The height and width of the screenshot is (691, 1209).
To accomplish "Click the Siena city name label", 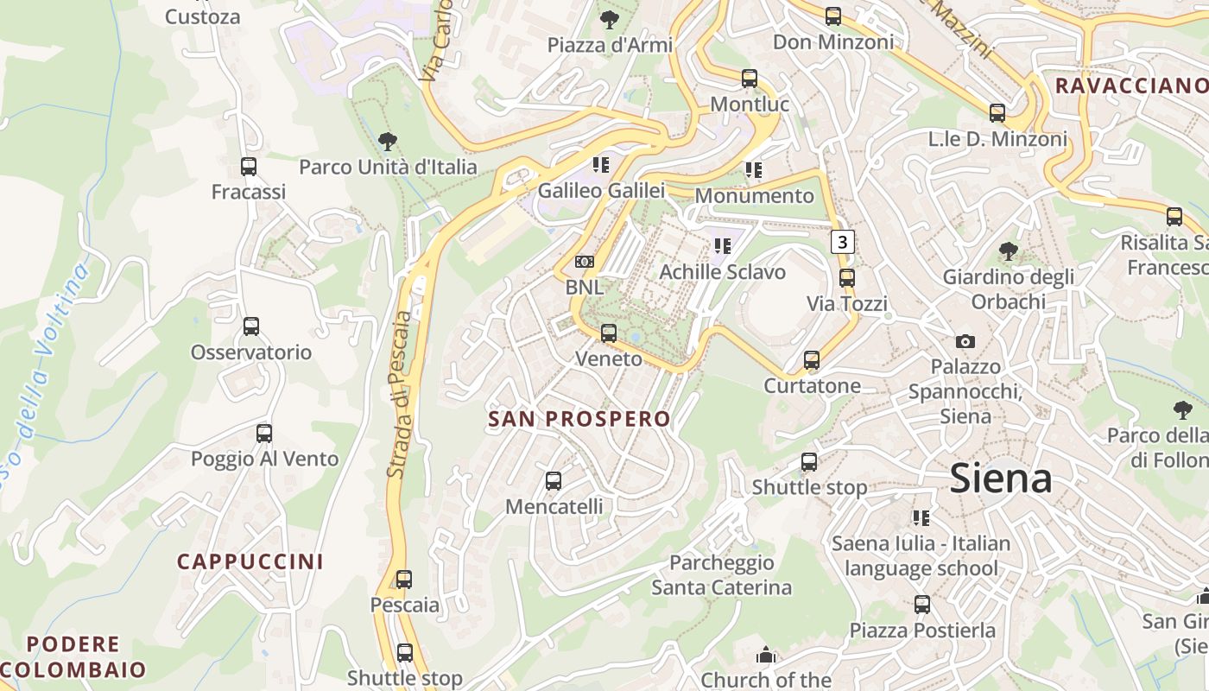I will (1001, 479).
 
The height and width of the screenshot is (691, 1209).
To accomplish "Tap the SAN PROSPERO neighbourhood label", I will (579, 419).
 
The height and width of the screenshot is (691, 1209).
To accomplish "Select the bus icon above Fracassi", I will (249, 167).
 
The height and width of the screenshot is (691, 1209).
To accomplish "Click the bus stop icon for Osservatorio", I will (251, 326).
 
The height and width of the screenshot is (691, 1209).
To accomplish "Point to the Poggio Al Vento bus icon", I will (264, 434).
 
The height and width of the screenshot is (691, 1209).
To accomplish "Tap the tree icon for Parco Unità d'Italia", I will (388, 141).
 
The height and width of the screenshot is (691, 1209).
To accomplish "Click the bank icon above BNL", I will (585, 262).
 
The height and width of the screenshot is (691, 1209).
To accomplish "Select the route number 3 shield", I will (843, 242).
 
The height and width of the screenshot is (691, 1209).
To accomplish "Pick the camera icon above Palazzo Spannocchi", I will (965, 341).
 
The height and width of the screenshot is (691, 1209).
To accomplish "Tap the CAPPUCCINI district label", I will (250, 561).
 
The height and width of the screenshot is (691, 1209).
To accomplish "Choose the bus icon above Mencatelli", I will (554, 480).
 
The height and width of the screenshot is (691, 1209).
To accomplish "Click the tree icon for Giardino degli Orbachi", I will (1008, 251).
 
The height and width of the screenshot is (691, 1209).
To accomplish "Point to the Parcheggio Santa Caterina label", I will (721, 575).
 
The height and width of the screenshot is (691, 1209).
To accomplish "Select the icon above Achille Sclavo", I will (723, 246).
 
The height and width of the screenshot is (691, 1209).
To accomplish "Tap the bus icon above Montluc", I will (750, 79).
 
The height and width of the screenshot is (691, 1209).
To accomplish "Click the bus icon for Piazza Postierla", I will (922, 605).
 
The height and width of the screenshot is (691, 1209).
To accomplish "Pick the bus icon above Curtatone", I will (812, 360).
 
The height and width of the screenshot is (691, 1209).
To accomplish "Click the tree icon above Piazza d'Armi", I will (610, 19).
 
